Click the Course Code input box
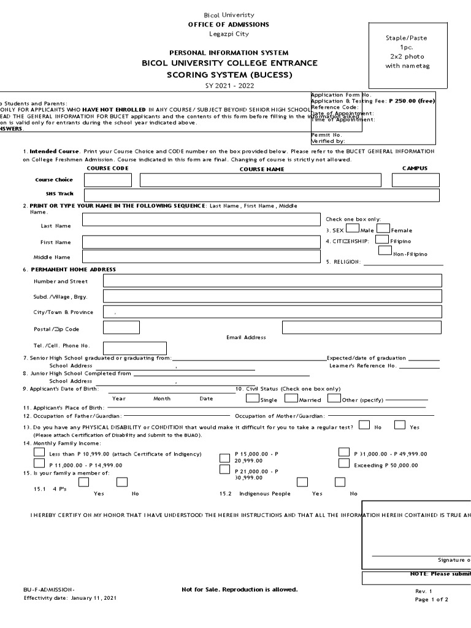tap(107, 180)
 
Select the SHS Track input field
tap(262, 195)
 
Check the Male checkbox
tap(353, 229)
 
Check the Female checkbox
tap(384, 229)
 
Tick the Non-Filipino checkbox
tap(385, 250)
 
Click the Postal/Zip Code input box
tap(121, 327)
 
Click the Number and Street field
tap(272, 281)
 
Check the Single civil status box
tap(252, 398)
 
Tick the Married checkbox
tap(291, 398)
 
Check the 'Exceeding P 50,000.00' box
tap(344, 464)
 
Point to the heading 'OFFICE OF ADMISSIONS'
tap(228, 25)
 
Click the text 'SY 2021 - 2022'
tap(228, 86)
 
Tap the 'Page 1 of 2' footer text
tap(432, 599)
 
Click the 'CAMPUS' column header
tap(415, 168)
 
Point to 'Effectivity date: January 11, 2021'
tap(69, 597)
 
